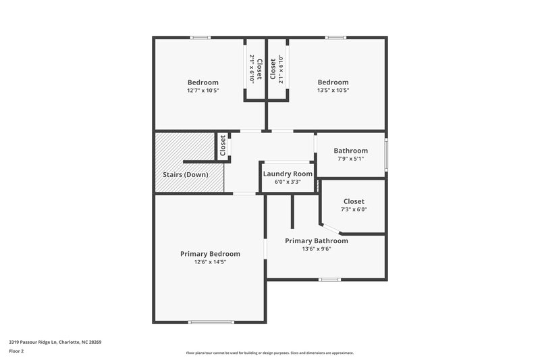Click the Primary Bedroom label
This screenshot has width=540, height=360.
tap(210, 254)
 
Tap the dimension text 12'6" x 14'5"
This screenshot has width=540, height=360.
tap(210, 262)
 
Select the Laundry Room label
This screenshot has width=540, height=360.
tap(288, 174)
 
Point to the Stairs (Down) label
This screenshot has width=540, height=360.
tap(186, 174)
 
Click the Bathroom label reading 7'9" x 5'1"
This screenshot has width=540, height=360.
tap(350, 159)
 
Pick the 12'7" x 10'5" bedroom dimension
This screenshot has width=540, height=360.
tap(203, 91)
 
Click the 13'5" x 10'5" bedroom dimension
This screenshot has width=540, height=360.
tap(333, 91)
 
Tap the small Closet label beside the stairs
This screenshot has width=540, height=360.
tap(223, 146)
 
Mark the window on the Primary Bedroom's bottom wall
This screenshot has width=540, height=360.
tap(211, 322)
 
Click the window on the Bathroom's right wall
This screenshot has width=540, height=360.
tap(386, 154)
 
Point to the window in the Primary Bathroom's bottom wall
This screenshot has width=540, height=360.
tap(329, 279)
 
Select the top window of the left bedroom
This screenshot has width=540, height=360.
tap(200, 37)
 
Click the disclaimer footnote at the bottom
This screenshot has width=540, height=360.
tap(269, 353)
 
